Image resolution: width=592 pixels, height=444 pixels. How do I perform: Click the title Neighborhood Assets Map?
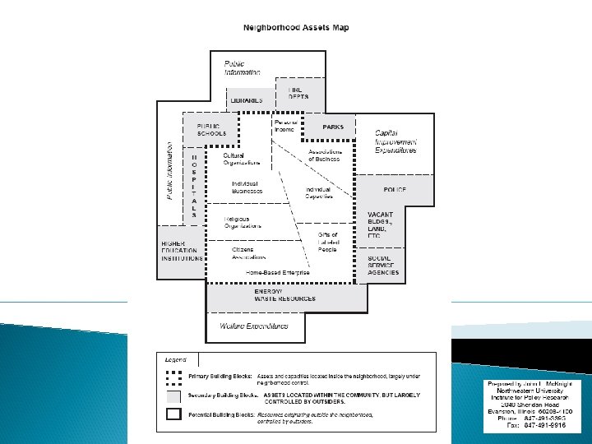[295, 27]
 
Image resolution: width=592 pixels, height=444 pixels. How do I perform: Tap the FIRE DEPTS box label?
[298, 94]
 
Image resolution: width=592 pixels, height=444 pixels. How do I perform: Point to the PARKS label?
[333, 127]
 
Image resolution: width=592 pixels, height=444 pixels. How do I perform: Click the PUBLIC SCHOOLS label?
[209, 129]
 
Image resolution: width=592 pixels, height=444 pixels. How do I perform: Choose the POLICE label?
[395, 189]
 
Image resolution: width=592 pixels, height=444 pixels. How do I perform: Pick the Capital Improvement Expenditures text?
[395, 141]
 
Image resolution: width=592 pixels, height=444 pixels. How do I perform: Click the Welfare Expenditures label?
[254, 326]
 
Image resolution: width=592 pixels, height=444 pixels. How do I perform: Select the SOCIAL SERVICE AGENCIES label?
[383, 265]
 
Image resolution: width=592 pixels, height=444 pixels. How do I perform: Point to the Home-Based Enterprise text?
[278, 271]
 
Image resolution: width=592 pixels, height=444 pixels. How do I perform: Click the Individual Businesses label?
[247, 187]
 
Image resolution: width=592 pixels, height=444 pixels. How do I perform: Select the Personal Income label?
[284, 126]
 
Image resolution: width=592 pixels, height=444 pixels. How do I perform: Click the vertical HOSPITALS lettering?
[194, 185]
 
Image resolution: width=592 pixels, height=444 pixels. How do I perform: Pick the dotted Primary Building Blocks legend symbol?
[173, 377]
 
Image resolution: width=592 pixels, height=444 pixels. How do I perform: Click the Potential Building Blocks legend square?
[173, 414]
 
